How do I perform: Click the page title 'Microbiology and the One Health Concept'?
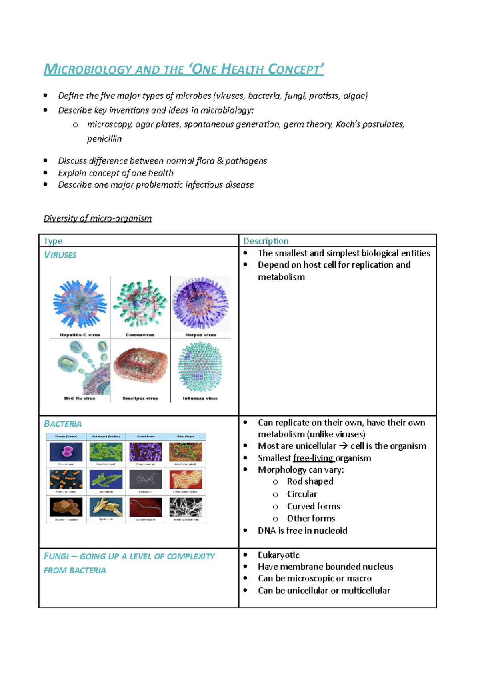click(x=183, y=69)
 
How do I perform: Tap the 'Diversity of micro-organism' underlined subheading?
click(x=98, y=218)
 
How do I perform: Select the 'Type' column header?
click(x=53, y=241)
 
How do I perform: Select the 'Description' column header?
click(x=266, y=241)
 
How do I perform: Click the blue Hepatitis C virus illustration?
click(x=80, y=304)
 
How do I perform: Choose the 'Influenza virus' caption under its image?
click(x=200, y=398)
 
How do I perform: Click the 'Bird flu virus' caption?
click(x=80, y=398)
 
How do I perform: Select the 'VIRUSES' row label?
click(x=60, y=255)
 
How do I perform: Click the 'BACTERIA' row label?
click(x=62, y=424)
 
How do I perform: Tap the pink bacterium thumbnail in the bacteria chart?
click(x=66, y=452)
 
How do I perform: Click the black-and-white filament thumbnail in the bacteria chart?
click(x=186, y=507)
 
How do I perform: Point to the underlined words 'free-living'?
click(x=313, y=458)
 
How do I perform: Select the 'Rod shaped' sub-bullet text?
click(x=310, y=481)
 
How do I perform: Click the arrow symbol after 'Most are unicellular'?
click(x=343, y=446)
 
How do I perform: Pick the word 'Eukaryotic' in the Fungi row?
click(x=278, y=555)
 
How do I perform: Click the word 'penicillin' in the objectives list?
click(x=104, y=139)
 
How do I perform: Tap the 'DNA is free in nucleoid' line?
click(x=302, y=531)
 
